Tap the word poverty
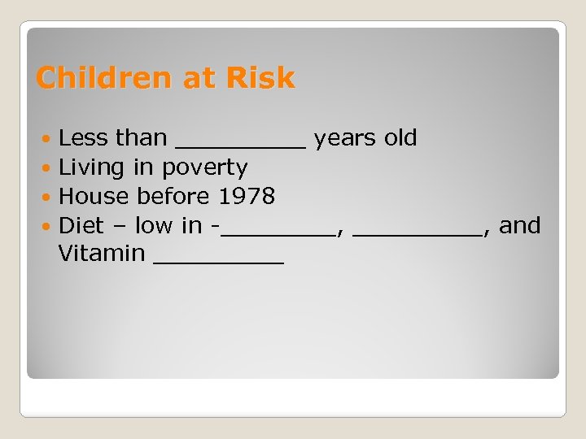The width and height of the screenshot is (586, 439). click(204, 168)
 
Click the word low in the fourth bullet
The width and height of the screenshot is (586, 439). click(153, 225)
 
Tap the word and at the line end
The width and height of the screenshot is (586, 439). click(519, 225)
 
